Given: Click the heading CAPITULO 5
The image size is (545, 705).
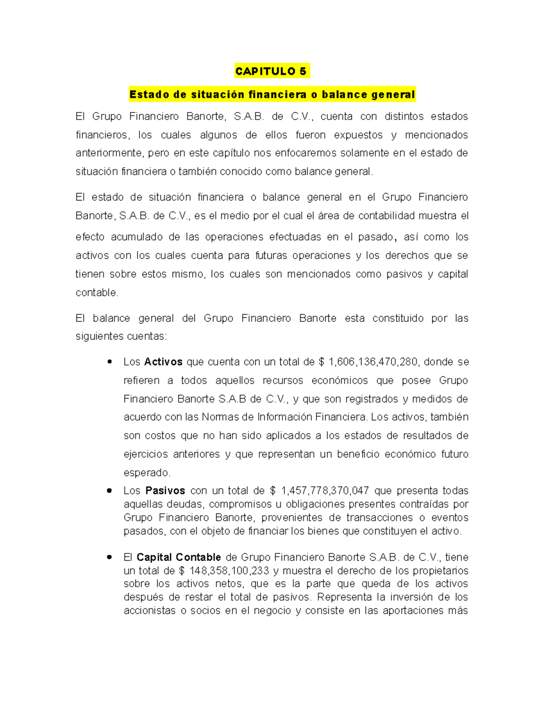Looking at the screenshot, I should click(x=271, y=71).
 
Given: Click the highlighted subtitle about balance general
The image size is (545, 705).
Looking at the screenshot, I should click(x=272, y=94).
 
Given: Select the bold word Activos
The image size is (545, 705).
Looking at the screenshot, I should click(x=163, y=362).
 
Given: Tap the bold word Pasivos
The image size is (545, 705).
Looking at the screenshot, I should click(x=165, y=491).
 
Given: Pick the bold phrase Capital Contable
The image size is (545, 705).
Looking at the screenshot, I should click(x=178, y=557).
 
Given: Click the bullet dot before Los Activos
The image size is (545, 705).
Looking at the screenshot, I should click(x=109, y=362).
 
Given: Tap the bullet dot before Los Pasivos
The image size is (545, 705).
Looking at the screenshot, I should click(x=109, y=491).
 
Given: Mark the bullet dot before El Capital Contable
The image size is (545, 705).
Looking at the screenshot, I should click(x=109, y=557).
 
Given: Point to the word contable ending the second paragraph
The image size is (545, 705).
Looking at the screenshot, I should click(x=96, y=293).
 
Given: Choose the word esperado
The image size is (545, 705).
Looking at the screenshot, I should click(x=146, y=473).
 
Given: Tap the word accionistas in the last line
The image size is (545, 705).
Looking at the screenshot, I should click(x=149, y=611).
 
